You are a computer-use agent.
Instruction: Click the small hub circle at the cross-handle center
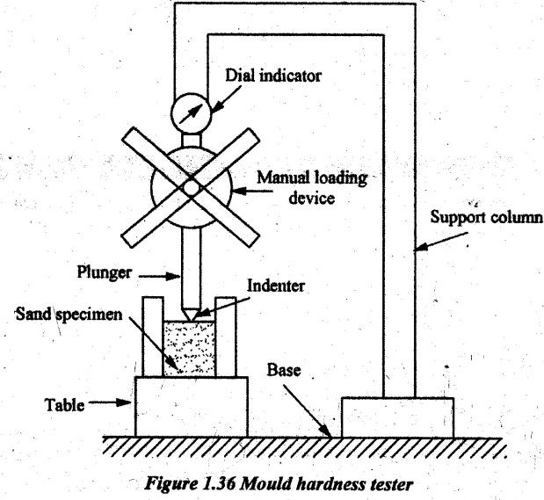189,187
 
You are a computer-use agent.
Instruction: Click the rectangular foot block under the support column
396,417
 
